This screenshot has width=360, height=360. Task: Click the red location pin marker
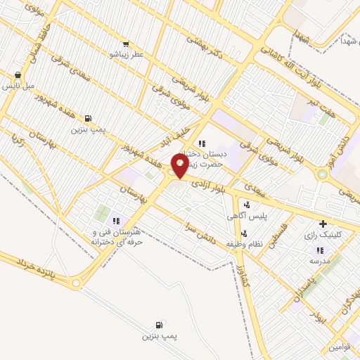pyautogui.click(x=181, y=166)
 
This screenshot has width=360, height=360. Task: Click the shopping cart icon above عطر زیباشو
pyautogui.click(x=125, y=43)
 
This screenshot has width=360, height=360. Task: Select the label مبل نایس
pyautogui.click(x=18, y=85)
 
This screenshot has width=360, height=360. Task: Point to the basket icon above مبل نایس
pyautogui.click(x=18, y=75)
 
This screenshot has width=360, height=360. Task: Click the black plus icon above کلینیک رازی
pyautogui.click(x=323, y=224)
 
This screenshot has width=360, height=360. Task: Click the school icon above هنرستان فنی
pyautogui.click(x=117, y=221)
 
